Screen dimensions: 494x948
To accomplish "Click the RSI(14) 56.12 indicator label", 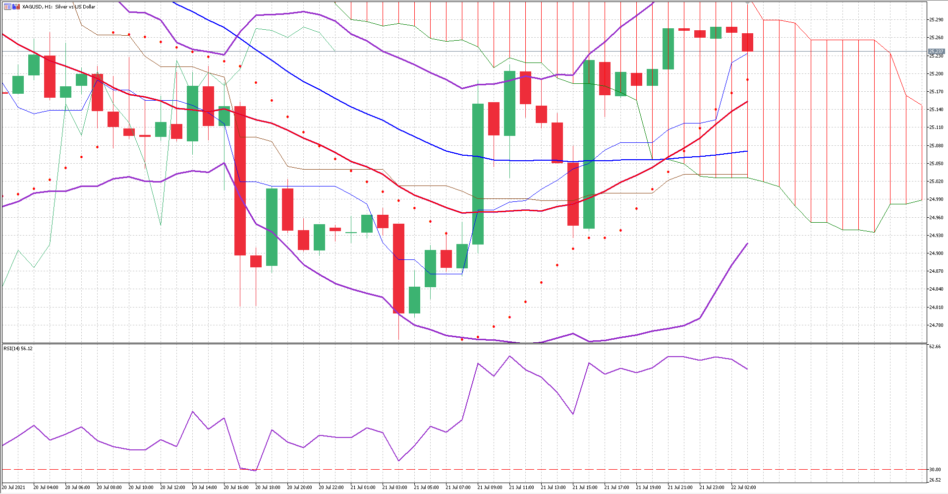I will click(x=18, y=349).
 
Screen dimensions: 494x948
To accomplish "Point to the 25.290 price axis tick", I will click(x=936, y=20).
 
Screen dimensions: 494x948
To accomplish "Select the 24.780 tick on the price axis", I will click(x=936, y=325).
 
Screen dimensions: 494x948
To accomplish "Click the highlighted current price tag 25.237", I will click(x=936, y=52).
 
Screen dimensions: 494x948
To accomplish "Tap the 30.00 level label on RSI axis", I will click(x=935, y=470).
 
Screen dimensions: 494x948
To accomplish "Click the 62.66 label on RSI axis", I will click(x=935, y=347).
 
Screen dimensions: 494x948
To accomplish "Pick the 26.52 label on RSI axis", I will click(x=935, y=480).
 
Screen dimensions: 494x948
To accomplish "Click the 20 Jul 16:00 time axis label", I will click(x=236, y=488).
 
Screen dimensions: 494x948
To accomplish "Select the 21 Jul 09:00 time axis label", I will click(x=490, y=488).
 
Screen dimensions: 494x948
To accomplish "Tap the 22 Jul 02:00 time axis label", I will click(x=743, y=488).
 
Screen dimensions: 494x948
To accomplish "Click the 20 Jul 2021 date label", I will click(x=14, y=488).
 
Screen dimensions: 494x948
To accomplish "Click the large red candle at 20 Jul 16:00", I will click(x=240, y=181).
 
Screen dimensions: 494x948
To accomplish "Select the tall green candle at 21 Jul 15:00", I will click(x=589, y=144).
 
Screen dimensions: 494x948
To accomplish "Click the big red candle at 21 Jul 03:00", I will click(x=398, y=268).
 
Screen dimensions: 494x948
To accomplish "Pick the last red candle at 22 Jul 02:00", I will click(x=747, y=42).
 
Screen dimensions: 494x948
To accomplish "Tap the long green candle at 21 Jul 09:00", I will click(x=478, y=174).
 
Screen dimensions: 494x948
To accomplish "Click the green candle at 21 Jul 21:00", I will click(x=668, y=49).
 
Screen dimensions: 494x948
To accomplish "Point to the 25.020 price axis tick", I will click(x=936, y=182).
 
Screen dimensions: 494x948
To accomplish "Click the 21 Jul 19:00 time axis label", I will click(x=648, y=488).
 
